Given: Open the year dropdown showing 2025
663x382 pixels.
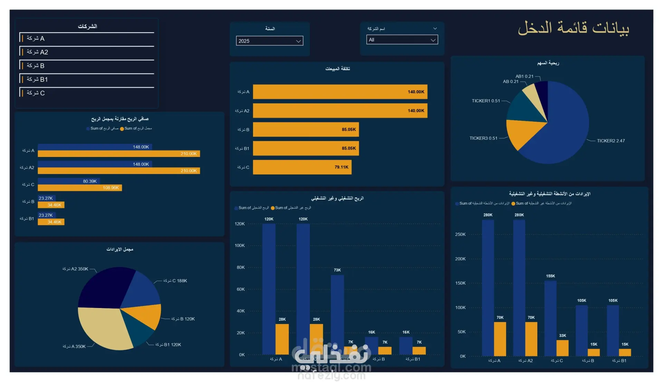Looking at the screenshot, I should coord(269,41).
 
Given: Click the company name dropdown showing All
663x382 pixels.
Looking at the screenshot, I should coord(402,40).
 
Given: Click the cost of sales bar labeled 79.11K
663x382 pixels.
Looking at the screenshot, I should coord(302,167).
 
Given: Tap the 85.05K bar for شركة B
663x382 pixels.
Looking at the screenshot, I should coord(306,130).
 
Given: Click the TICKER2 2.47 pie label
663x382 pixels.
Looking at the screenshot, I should coord(611,141).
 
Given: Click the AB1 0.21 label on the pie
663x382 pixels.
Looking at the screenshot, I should coord(524,76).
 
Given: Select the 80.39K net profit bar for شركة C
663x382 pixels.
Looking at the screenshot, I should coord(69,181).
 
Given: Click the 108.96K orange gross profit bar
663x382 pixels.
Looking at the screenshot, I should coord(80,188).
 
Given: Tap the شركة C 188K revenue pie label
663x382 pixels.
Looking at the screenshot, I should coord(175,281).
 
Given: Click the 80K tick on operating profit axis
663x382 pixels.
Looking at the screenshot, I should coord(240,268).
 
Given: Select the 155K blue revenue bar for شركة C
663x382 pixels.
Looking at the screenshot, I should coord(550,318).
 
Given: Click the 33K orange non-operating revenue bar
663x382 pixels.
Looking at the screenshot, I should coord(563,348).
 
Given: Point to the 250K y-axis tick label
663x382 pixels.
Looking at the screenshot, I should coord(460,235).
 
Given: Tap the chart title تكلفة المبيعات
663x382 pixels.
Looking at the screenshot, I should coord(337,69).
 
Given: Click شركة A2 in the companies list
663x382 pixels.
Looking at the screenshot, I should coord(37,52).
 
